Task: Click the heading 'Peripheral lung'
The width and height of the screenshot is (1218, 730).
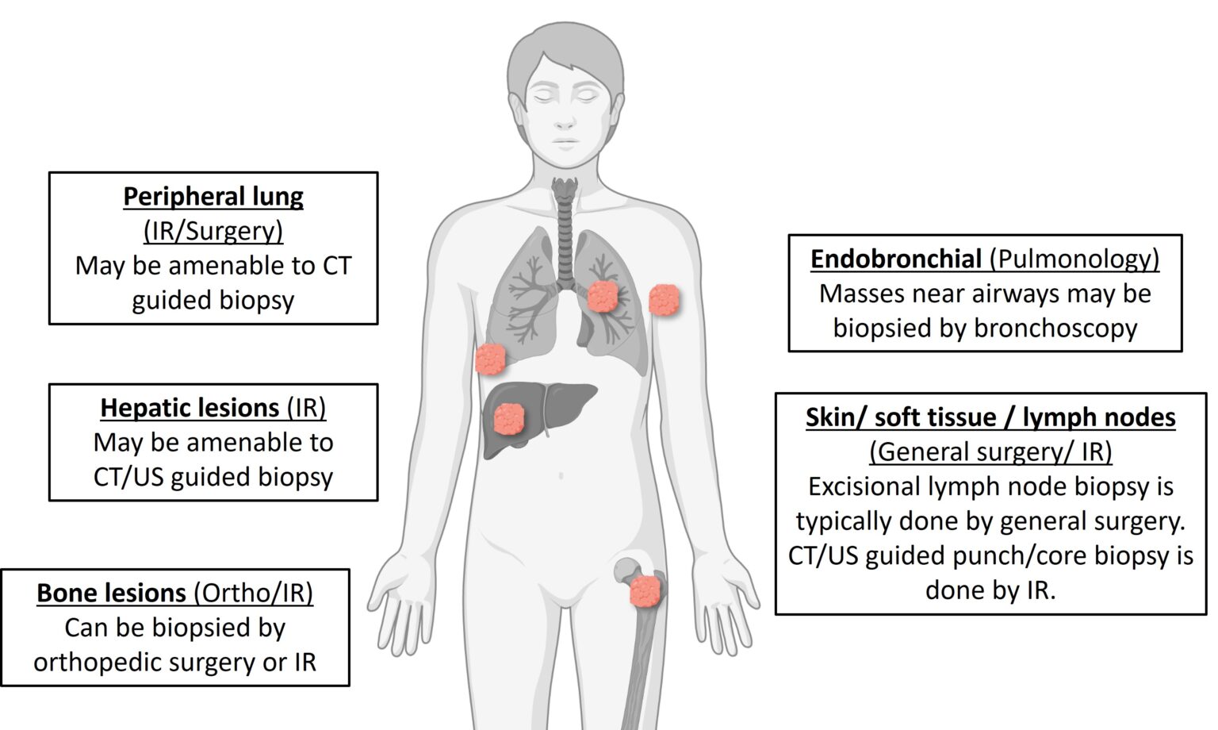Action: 213,196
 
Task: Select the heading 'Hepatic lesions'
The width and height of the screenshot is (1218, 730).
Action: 190,407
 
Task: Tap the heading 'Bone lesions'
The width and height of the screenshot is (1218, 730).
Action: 111,593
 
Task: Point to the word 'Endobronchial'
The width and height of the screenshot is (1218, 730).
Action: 896,259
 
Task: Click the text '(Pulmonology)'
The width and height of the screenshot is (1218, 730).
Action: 1074,259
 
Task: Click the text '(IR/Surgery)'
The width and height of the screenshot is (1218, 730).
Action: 213,231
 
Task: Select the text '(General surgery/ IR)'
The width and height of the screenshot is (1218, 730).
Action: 990,451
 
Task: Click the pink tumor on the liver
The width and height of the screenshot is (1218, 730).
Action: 509,418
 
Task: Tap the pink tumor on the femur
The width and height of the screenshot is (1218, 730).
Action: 645,590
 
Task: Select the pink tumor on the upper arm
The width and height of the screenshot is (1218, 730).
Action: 665,300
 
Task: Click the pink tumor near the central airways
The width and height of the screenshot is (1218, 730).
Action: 603,296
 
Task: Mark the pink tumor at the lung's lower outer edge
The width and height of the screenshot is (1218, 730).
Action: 490,359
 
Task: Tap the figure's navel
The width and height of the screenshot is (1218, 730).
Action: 561,476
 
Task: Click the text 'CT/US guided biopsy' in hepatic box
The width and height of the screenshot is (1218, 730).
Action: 213,477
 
